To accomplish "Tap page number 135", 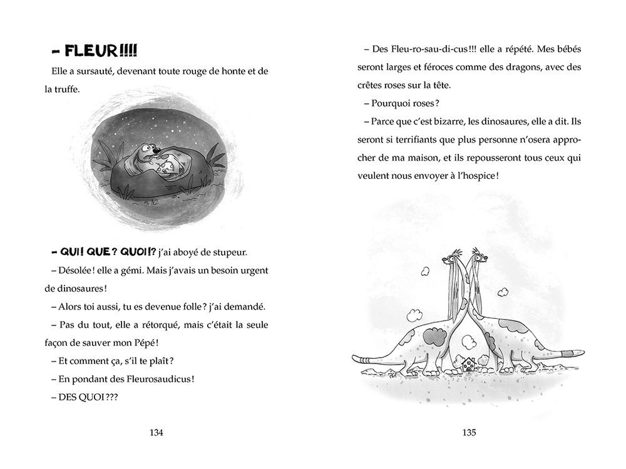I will click(469, 432).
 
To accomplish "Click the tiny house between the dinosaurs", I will click(468, 363).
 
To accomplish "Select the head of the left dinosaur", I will click(455, 256).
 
